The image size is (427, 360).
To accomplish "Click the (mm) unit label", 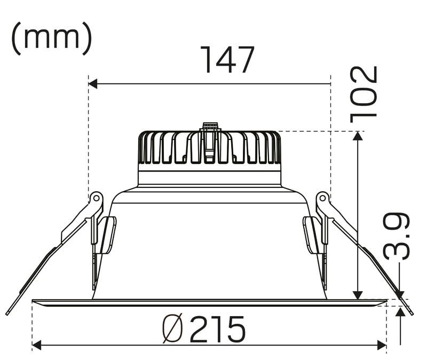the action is [52, 38].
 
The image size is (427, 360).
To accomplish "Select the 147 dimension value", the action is [227, 60].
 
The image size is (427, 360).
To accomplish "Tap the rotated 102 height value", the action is [363, 95].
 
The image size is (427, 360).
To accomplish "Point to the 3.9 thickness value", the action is [397, 236].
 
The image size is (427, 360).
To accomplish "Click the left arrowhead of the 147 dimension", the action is [93, 84].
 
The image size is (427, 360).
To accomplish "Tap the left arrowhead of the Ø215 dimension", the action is [36, 345].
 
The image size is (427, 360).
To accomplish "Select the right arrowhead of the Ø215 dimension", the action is [382, 345].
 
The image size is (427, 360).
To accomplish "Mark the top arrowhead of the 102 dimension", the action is [358, 136].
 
